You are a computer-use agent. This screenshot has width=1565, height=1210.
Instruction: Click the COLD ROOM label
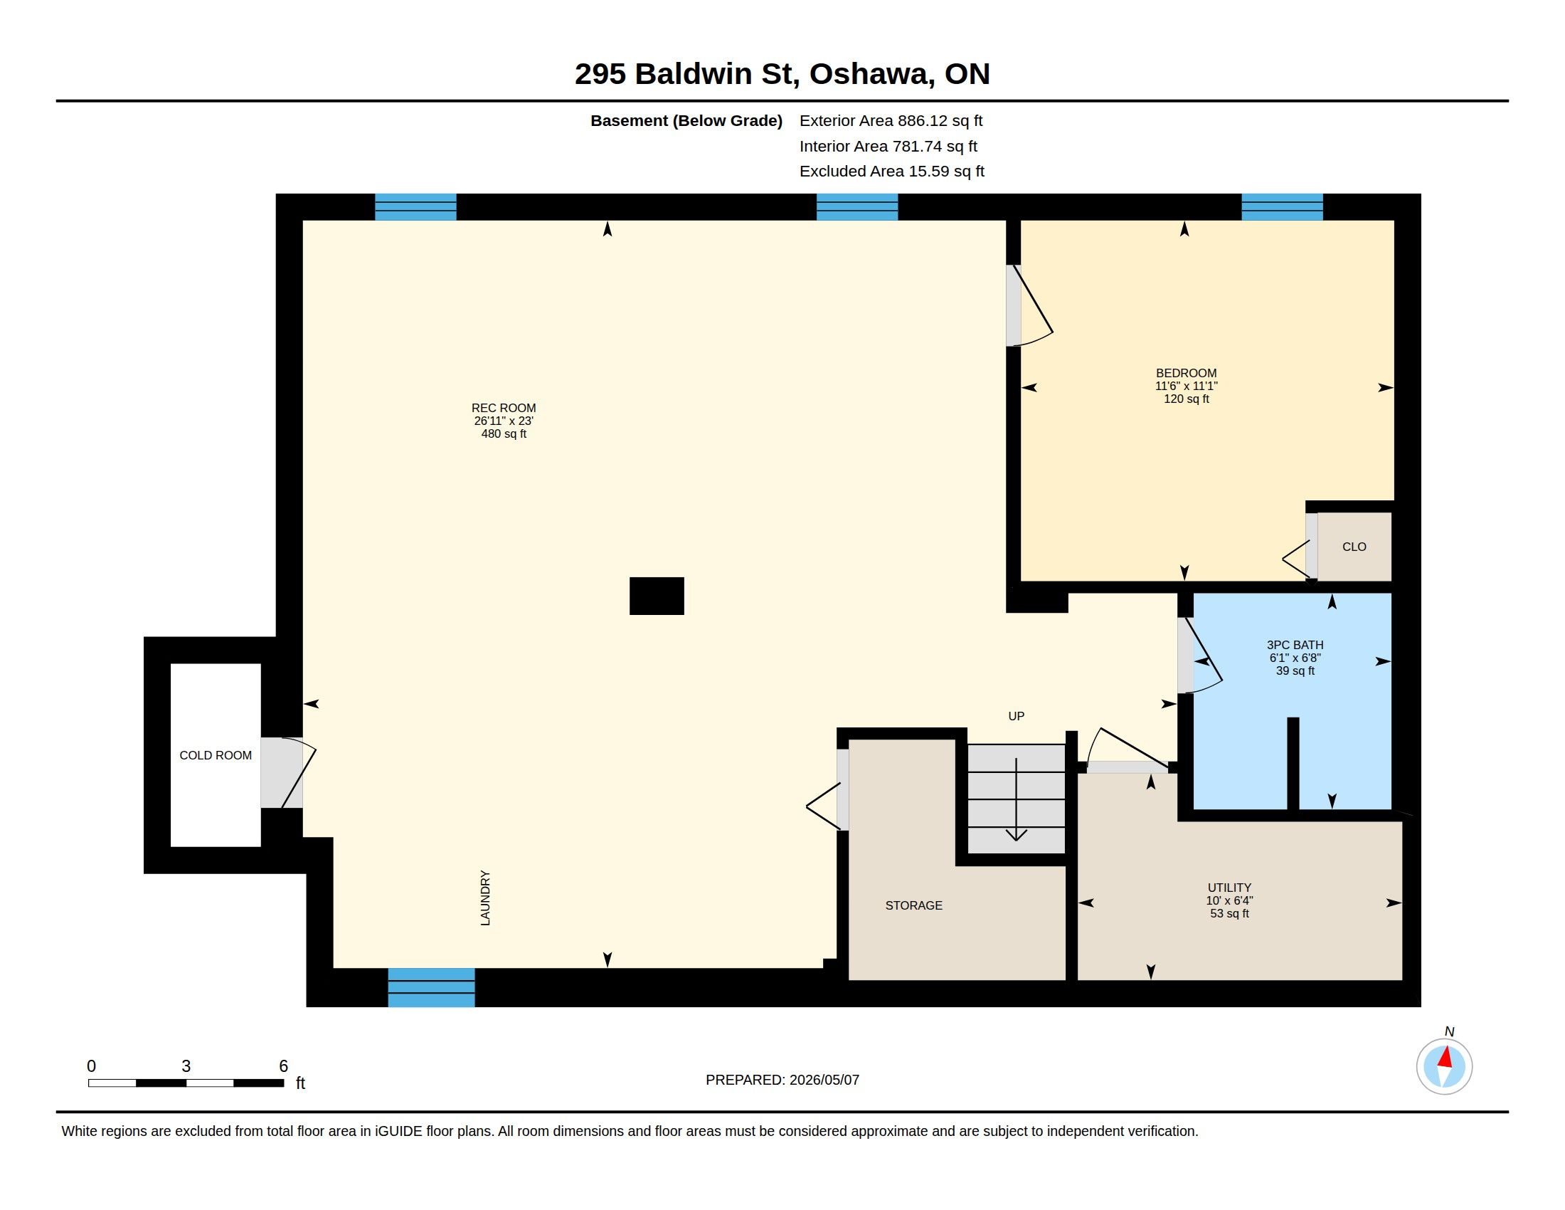(x=216, y=755)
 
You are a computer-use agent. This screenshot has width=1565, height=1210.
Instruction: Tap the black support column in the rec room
(x=657, y=596)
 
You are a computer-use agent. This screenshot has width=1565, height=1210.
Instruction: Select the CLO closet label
(x=1354, y=547)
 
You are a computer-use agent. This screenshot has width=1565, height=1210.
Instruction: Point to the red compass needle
(x=1446, y=1057)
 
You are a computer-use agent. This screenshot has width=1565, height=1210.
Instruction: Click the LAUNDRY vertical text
(x=485, y=898)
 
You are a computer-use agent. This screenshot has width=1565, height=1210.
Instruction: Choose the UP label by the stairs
(x=1016, y=716)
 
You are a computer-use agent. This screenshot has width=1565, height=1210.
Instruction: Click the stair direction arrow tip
(x=1016, y=839)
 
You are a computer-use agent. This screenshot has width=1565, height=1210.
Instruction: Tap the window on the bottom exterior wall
(x=431, y=987)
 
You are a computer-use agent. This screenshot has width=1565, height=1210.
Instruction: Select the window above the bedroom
(x=1282, y=207)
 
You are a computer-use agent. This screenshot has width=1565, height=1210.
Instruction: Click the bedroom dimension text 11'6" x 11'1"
(x=1186, y=386)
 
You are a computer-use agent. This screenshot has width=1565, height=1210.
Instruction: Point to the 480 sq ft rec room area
(x=504, y=433)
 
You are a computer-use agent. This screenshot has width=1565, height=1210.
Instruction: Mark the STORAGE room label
(x=913, y=905)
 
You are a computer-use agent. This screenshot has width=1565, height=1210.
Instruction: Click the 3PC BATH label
(x=1295, y=645)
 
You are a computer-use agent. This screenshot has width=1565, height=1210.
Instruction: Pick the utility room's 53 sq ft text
(x=1230, y=914)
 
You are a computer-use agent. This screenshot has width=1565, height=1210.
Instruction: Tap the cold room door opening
(x=281, y=773)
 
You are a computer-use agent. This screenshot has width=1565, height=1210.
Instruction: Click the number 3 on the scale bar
(x=186, y=1066)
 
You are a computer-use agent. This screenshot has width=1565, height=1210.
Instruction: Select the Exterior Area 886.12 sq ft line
(x=891, y=120)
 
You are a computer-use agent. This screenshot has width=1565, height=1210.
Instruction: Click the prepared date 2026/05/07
(x=824, y=1080)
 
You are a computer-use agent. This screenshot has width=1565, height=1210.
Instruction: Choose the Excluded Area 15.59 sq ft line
(x=892, y=172)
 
